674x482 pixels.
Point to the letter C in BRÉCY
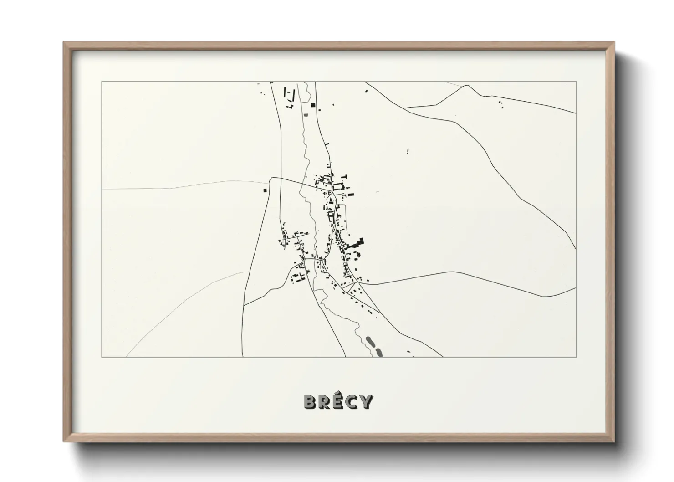coord(352,402)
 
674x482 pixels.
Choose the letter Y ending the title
coord(366,402)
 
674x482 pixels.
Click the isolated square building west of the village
coord(264,190)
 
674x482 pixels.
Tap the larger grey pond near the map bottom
coord(371,341)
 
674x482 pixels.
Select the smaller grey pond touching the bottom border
coord(378,352)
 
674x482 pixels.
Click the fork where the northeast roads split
coord(404,108)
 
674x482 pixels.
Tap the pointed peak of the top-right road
coord(465,85)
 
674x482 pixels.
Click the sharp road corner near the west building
coord(271,178)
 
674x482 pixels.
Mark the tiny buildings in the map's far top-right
coord(500,103)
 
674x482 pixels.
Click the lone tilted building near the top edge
coord(366,92)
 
